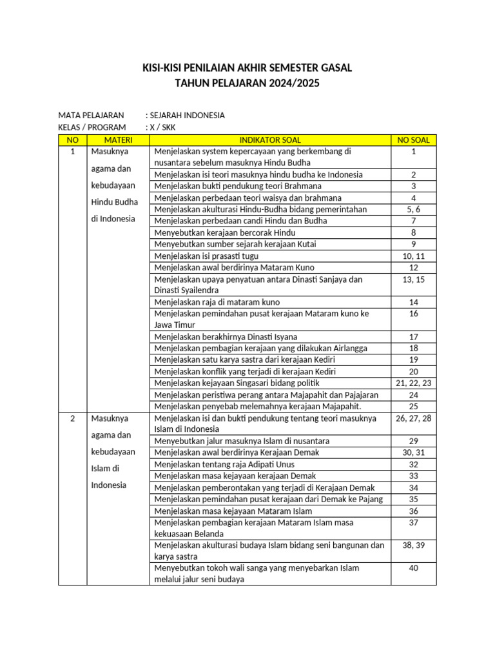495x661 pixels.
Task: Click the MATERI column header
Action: tap(118, 140)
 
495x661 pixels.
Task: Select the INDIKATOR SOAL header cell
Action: tap(270, 140)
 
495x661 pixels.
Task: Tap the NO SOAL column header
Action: tap(413, 140)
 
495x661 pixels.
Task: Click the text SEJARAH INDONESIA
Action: tap(187, 116)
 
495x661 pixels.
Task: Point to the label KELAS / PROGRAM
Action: tap(92, 127)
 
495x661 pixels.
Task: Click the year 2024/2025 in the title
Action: tap(291, 84)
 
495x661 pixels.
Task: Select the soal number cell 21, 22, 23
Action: tap(413, 383)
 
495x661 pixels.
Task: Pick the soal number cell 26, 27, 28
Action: tap(413, 418)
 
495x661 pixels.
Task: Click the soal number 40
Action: tap(413, 568)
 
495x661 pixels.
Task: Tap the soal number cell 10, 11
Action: tap(413, 256)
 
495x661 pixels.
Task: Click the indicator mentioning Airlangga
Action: tap(261, 349)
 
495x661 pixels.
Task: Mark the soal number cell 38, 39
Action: tap(413, 545)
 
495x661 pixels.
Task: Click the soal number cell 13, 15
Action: tap(413, 280)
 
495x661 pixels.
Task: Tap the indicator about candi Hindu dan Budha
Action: tap(240, 221)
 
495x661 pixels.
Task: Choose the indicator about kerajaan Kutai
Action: tap(235, 245)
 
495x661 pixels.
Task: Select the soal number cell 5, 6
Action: tap(413, 210)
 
